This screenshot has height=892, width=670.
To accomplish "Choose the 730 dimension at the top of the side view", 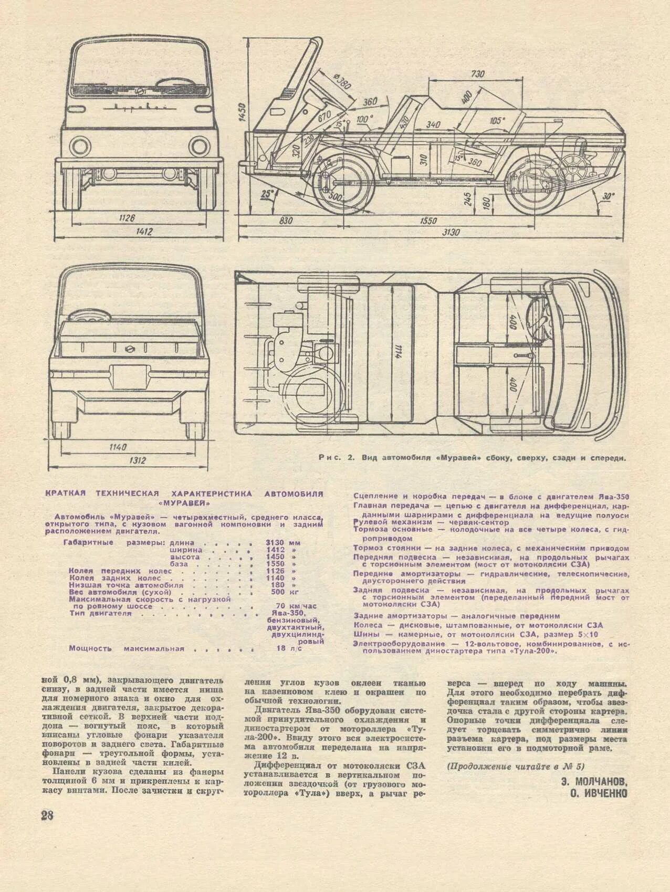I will [x=477, y=74].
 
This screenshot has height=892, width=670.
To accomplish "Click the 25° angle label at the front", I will [x=267, y=194].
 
